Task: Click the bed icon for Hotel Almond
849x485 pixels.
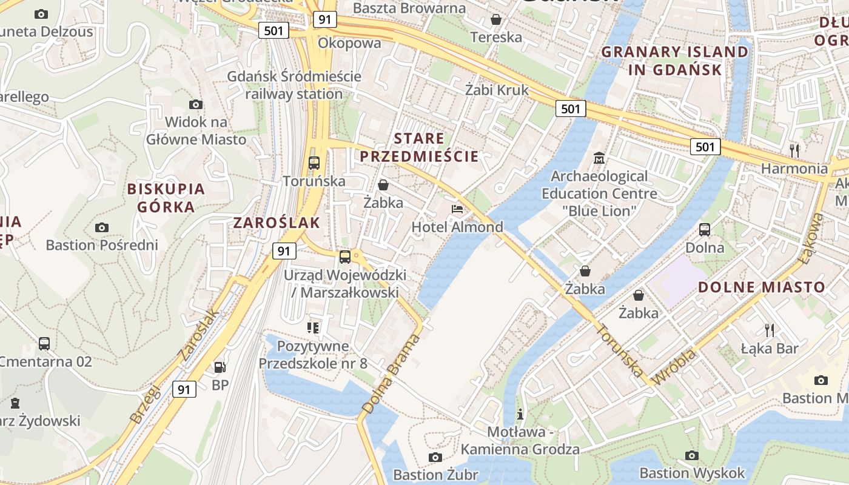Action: pyautogui.click(x=457, y=209)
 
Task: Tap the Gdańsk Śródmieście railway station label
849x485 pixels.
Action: pyautogui.click(x=294, y=85)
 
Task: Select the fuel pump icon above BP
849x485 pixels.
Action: pyautogui.click(x=220, y=367)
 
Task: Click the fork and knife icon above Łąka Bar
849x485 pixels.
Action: pyautogui.click(x=770, y=330)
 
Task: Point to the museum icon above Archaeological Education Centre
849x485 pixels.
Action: pyautogui.click(x=599, y=158)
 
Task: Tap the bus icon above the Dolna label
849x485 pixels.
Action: pyautogui.click(x=704, y=230)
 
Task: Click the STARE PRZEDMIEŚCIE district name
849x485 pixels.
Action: pyautogui.click(x=419, y=147)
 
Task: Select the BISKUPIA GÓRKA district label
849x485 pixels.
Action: pyautogui.click(x=166, y=198)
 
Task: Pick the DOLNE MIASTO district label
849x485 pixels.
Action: pyautogui.click(x=761, y=287)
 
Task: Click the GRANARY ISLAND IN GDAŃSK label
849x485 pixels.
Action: pyautogui.click(x=675, y=61)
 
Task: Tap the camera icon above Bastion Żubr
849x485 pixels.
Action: pyautogui.click(x=435, y=457)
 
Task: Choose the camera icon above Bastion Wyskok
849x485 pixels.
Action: pyautogui.click(x=691, y=455)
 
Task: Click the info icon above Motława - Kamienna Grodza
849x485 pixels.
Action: pyautogui.click(x=520, y=415)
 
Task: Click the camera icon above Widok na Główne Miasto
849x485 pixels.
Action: pyautogui.click(x=195, y=104)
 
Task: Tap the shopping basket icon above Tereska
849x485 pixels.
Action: pyautogui.click(x=495, y=19)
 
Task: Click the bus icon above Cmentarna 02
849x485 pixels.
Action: pyautogui.click(x=44, y=344)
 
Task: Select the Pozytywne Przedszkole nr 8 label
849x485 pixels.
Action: pyautogui.click(x=313, y=355)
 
